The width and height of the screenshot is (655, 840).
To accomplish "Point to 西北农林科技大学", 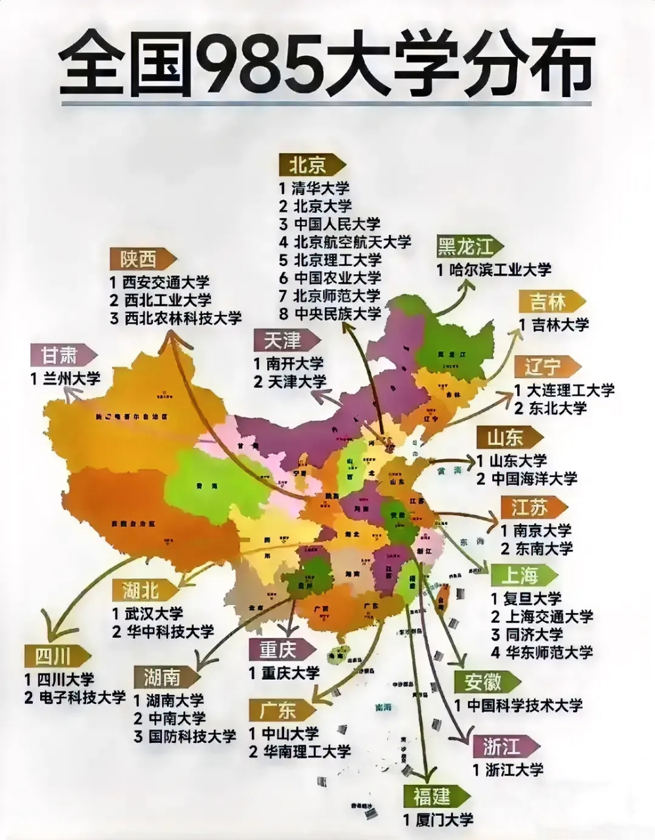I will pos(182,318).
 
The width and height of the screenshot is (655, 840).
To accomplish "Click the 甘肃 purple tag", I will pos(60,356).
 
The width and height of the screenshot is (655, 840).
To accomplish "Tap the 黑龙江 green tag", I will pos(465,246).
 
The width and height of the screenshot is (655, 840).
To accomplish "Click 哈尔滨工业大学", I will pos(501,269).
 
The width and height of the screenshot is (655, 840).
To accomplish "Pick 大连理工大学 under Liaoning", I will pos(572,390).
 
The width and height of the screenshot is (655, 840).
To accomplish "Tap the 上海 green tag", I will pos(520,576).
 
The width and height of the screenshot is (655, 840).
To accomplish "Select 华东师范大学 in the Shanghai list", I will pos(550,652).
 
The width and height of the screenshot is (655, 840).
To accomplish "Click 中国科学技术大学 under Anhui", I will pos(525,705).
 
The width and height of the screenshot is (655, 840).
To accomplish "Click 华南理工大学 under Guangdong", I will pos(306,751).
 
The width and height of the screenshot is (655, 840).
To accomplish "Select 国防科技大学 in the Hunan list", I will pos(191,736).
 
